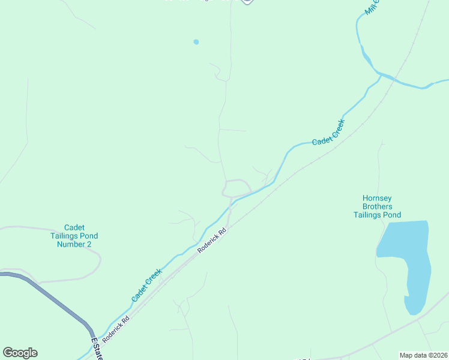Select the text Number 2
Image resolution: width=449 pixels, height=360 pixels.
pos(74,244)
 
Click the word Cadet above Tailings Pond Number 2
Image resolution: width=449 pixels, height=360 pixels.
pos(74,227)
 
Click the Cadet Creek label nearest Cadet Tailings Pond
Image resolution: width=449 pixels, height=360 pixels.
pos(147,285)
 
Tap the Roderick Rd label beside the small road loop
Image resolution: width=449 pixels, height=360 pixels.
pos(214,239)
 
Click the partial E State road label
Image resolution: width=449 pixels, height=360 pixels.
pos(95,349)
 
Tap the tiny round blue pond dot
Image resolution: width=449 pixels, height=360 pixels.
pos(196,42)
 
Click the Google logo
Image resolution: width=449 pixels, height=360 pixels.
pos(20,353)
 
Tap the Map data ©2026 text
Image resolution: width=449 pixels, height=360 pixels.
pos(423,355)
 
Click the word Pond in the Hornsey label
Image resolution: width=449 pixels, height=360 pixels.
pos(391,215)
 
